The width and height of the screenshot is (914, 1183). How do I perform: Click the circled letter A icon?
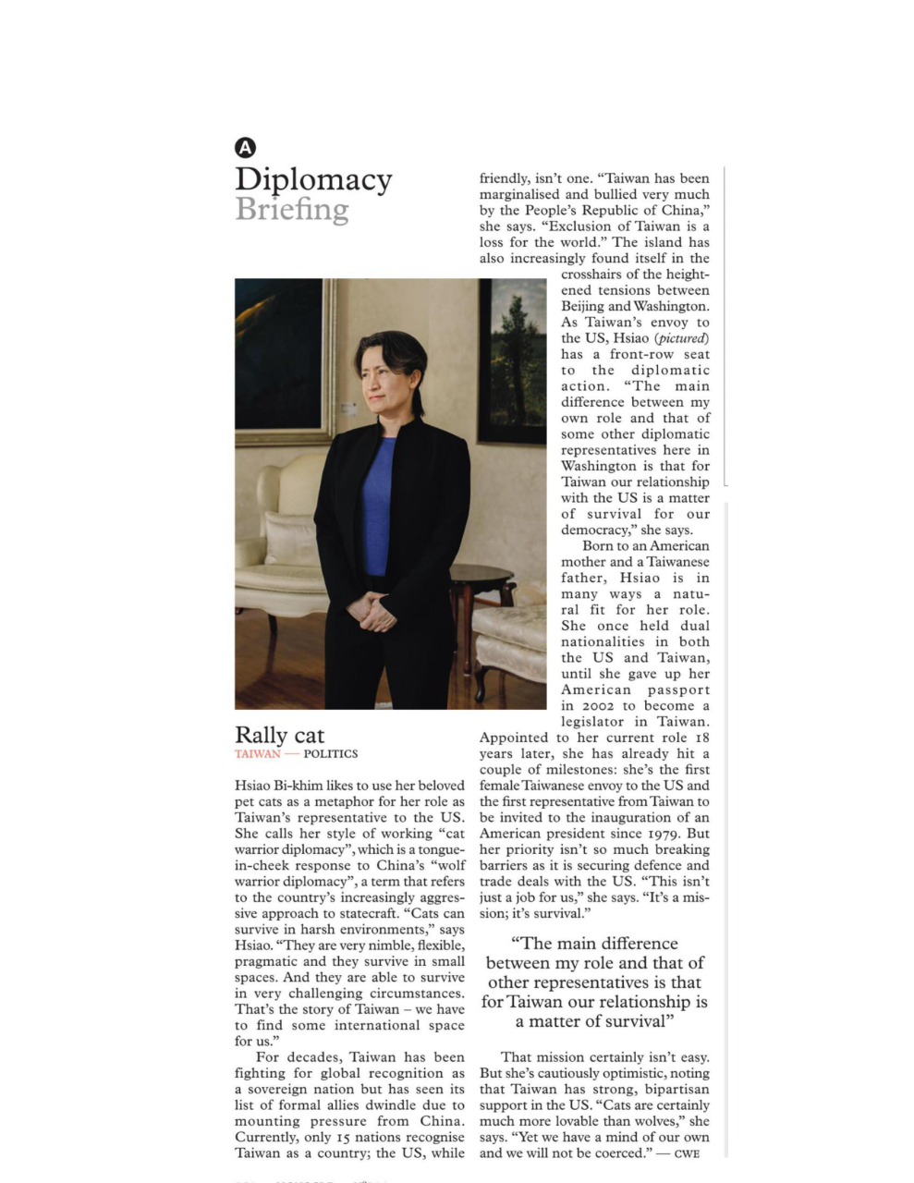pyautogui.click(x=245, y=147)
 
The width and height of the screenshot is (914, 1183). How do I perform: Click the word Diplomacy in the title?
pyautogui.click(x=313, y=179)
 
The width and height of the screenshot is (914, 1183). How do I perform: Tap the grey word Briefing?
pyautogui.click(x=291, y=210)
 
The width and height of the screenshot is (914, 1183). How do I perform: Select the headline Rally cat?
pyautogui.click(x=279, y=735)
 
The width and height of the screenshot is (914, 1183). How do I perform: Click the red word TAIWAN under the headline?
pyautogui.click(x=257, y=754)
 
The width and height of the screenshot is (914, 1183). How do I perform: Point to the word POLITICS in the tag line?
pyautogui.click(x=330, y=754)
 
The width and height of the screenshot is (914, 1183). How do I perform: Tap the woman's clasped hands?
pyautogui.click(x=372, y=611)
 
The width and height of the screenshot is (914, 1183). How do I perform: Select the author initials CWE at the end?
pyautogui.click(x=687, y=1153)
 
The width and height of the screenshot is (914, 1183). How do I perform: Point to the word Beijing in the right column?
pyautogui.click(x=582, y=306)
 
